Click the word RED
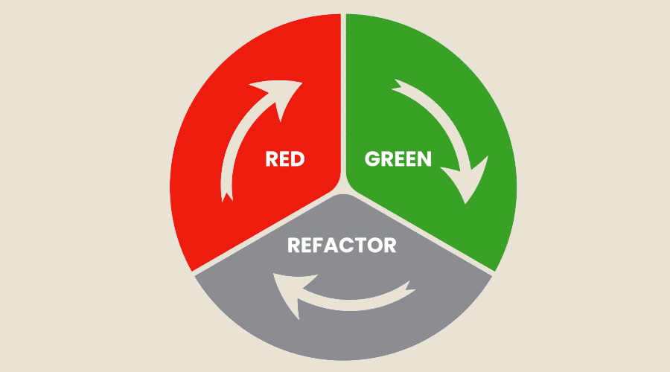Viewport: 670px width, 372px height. [285, 159]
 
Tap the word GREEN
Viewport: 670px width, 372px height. [398, 158]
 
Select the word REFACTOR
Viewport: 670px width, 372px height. [342, 245]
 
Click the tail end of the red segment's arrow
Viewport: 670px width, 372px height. [223, 196]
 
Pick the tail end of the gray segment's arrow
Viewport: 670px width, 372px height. [409, 284]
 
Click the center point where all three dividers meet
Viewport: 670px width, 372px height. [343, 186]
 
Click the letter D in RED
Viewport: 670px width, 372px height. [298, 159]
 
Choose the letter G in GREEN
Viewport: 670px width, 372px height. [371, 158]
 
